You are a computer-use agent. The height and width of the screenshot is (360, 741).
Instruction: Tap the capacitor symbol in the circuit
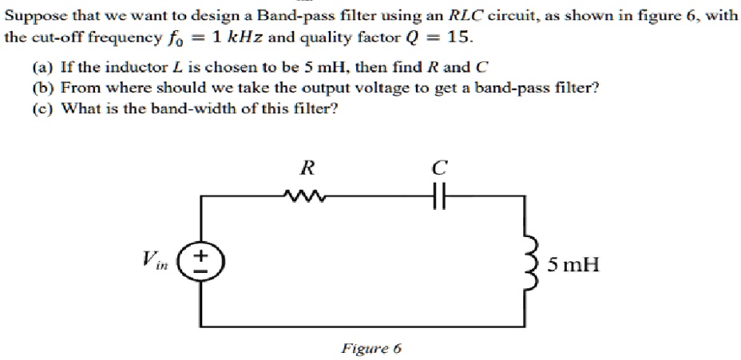tap(437, 195)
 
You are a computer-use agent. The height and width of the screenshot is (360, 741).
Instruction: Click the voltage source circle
tap(200, 261)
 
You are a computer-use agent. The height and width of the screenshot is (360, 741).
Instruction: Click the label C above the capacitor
tap(437, 168)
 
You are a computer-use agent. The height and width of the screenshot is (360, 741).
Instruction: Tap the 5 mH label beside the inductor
tap(573, 263)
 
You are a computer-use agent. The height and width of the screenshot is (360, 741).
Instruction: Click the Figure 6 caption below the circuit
tap(371, 348)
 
